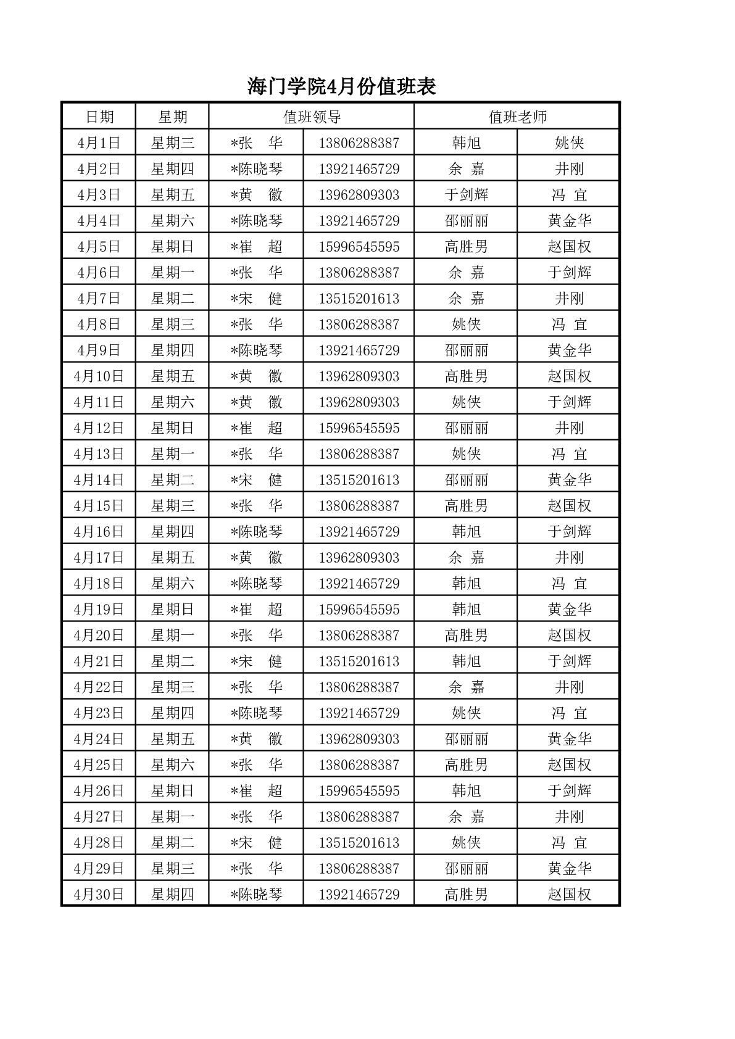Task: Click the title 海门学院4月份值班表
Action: (x=341, y=87)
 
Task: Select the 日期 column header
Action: (x=99, y=117)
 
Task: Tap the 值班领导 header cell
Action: (x=312, y=117)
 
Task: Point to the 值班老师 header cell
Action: (x=517, y=117)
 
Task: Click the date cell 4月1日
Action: (x=99, y=143)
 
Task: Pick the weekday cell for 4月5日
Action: (x=172, y=247)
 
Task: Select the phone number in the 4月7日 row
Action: (x=359, y=299)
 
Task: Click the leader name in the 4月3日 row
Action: (x=256, y=195)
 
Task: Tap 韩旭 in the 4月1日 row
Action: (x=466, y=143)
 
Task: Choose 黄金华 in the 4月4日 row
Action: (x=569, y=221)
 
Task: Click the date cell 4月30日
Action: (x=99, y=895)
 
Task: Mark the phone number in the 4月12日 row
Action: (x=359, y=428)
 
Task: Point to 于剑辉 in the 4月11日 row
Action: (x=569, y=402)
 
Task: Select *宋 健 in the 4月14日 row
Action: (x=256, y=480)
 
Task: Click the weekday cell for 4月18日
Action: (x=172, y=584)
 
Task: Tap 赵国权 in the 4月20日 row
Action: (x=569, y=635)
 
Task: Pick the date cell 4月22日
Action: (x=99, y=687)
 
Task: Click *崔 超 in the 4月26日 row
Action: (x=256, y=791)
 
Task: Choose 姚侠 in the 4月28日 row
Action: (x=466, y=843)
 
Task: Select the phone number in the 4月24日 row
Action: (x=359, y=739)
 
